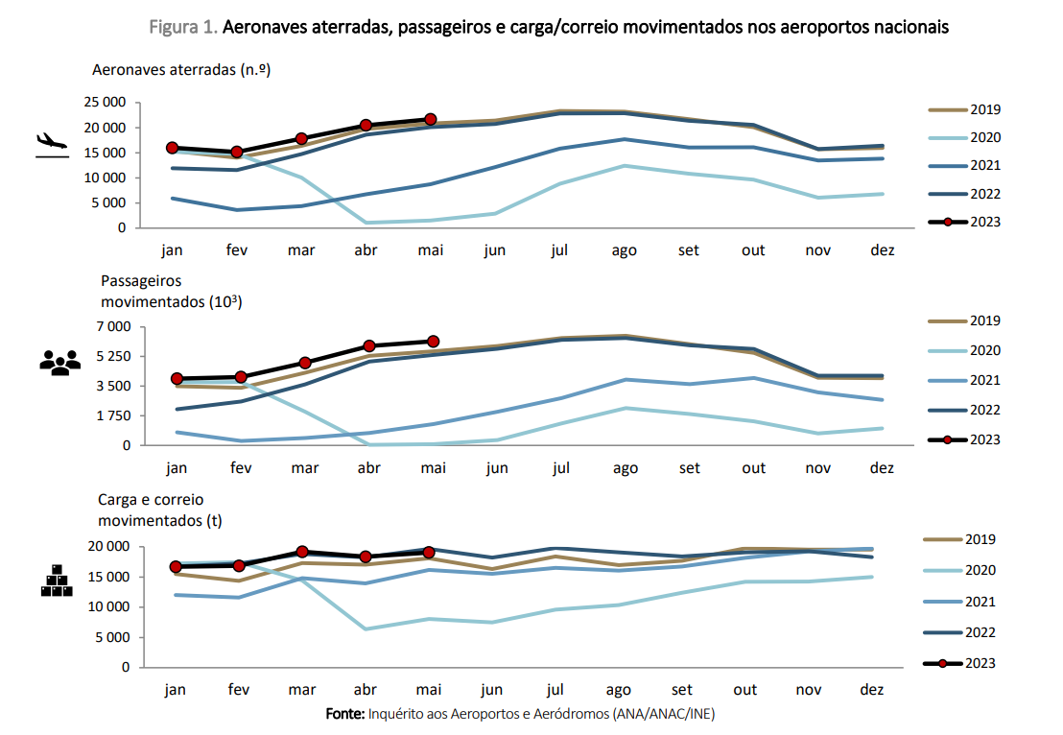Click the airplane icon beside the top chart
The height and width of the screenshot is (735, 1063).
pos(52,144)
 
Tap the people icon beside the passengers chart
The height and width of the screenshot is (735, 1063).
pos(59,363)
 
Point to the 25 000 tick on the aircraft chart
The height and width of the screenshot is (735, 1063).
pos(103,103)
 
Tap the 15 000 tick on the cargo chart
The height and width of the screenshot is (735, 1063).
pos(106,577)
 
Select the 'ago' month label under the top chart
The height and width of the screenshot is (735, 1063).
pos(625,250)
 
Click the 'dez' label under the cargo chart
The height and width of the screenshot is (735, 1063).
pos(872,690)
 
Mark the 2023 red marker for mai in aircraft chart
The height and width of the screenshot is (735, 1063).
pos(431,119)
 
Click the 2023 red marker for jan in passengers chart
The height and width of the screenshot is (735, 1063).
pos(177,379)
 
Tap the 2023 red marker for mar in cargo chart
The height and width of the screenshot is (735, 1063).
pos(302,552)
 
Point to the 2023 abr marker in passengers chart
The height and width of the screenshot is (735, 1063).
pos(369,345)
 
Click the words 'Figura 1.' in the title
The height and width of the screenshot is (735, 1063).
pos(183,28)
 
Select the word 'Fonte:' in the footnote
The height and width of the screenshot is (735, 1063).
pos(344,715)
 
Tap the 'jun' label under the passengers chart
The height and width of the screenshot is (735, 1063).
pos(497,468)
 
